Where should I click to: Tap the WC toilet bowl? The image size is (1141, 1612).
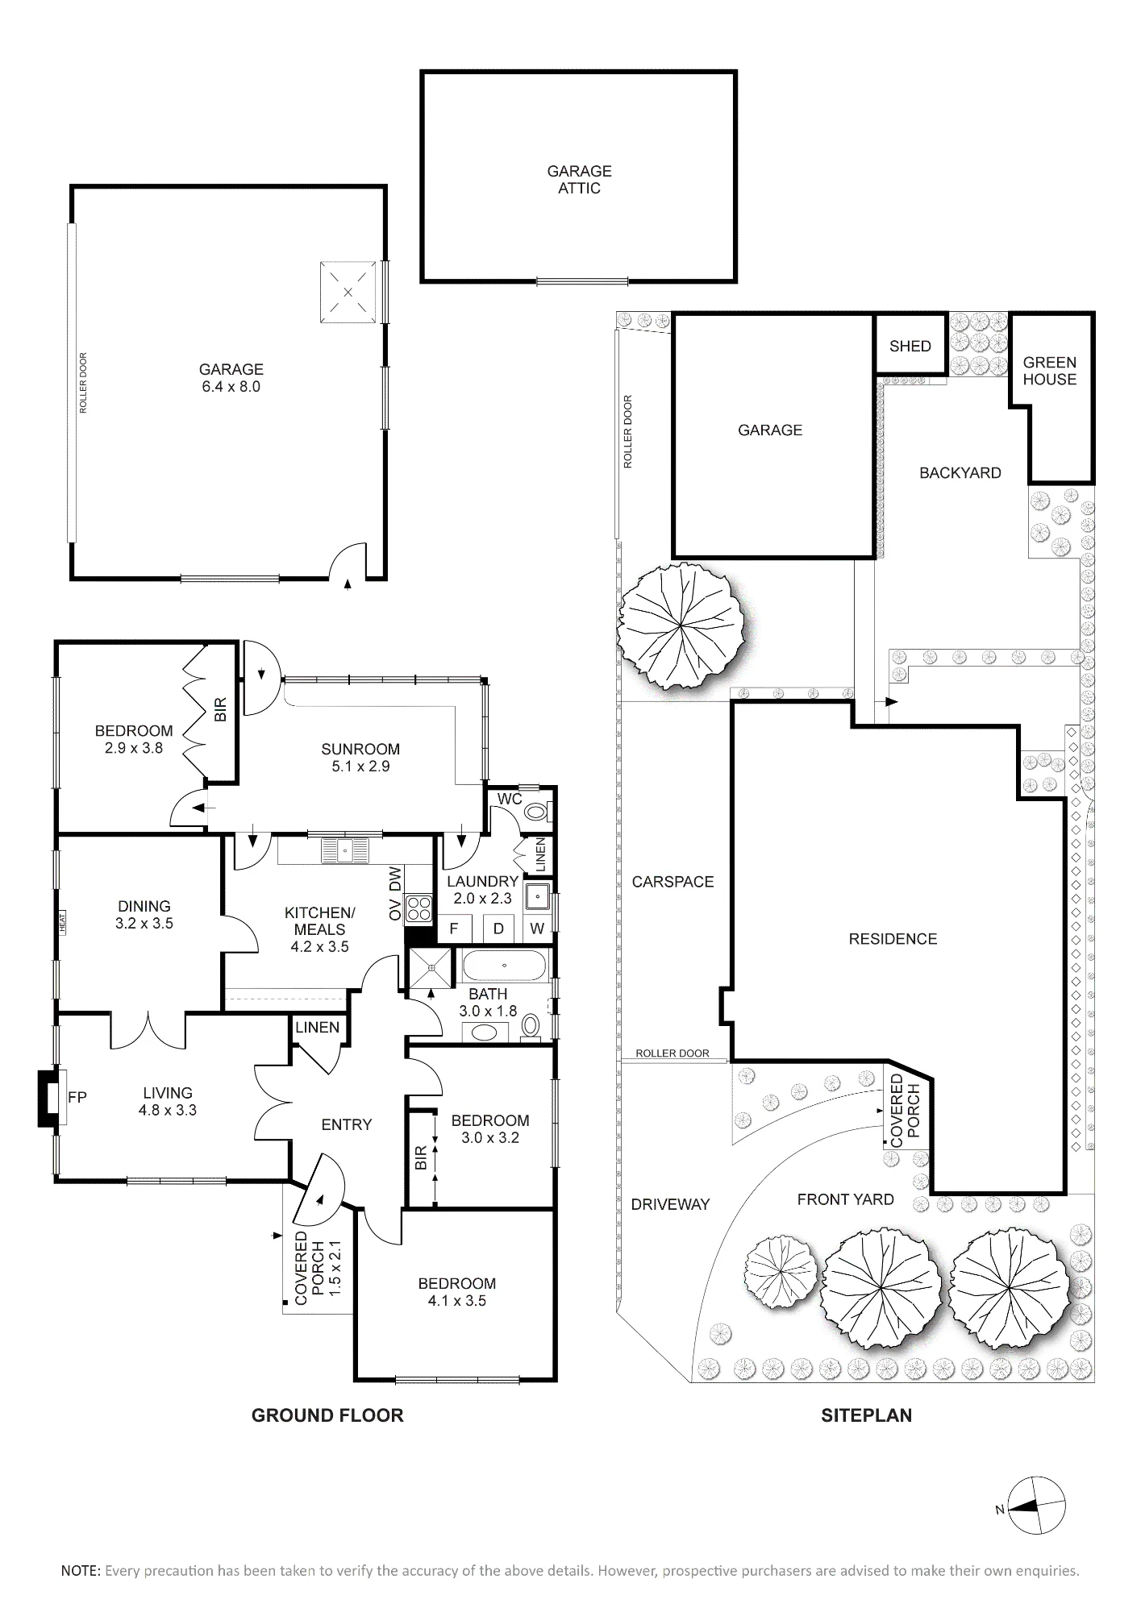point(535,812)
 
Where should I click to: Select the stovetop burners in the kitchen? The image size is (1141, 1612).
point(419,909)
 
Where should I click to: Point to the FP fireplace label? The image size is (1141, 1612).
point(77,1097)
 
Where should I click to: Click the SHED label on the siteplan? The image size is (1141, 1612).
point(910,346)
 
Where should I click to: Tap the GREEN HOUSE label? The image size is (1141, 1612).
point(1049,371)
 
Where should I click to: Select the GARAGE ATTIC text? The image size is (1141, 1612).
point(579,180)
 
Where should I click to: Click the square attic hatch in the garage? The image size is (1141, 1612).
point(348,292)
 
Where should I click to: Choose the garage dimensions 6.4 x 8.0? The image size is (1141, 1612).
point(231,387)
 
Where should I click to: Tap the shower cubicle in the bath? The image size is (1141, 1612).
point(432,967)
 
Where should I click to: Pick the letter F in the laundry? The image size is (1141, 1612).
point(454,929)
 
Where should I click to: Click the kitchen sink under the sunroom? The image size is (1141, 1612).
point(344,849)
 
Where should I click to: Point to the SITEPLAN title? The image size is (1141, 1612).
point(866,1415)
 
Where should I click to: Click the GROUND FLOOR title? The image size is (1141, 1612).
point(327,1415)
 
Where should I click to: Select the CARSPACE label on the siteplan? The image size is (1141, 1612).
point(673,882)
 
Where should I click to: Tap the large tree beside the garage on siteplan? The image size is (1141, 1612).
point(680,625)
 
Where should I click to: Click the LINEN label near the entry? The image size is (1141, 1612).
point(317,1028)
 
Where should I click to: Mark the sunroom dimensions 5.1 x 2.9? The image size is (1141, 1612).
point(360,767)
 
